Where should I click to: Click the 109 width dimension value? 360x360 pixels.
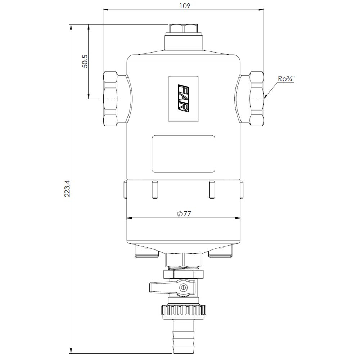[185, 5]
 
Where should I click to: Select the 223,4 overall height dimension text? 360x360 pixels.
[67, 188]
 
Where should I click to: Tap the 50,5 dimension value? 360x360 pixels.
[85, 61]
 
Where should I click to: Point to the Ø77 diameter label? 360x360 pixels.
[184, 214]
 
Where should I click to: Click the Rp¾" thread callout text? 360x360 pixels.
[286, 79]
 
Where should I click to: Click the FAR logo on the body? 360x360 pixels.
[184, 99]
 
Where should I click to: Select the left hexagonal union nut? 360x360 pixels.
[111, 99]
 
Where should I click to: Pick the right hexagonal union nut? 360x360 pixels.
[256, 99]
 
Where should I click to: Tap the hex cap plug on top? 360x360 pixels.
[184, 28]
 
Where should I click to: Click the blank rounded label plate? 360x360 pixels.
[184, 154]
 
